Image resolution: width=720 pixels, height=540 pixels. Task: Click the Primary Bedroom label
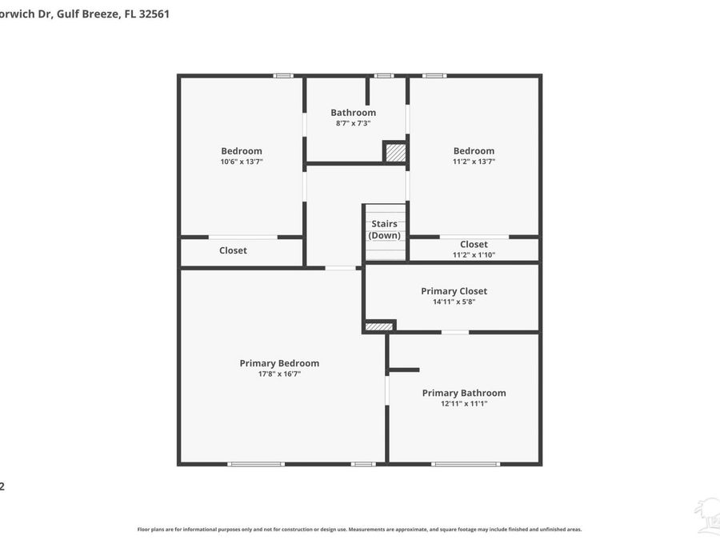click(x=279, y=363)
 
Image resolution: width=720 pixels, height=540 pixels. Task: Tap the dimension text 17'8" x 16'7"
click(x=279, y=374)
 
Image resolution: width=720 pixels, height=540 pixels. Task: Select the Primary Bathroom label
click(x=464, y=393)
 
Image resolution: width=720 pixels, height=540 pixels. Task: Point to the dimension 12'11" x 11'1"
click(x=464, y=404)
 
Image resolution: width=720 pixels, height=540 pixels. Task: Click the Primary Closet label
click(x=454, y=291)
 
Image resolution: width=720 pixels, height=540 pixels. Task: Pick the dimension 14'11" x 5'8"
click(x=454, y=302)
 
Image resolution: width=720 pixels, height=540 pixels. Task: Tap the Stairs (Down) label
click(x=384, y=230)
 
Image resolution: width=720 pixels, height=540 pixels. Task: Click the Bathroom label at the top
click(x=353, y=113)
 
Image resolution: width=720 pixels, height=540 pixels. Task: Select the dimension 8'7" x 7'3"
click(x=353, y=123)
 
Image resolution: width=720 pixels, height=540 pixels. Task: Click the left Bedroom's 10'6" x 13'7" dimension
click(x=242, y=162)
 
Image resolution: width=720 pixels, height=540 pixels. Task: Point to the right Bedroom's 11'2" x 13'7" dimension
click(x=474, y=162)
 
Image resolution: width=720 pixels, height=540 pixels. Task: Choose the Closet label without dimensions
click(x=233, y=250)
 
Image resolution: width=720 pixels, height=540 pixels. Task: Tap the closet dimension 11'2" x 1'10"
click(x=474, y=255)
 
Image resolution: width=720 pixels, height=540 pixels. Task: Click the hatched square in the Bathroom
click(x=395, y=153)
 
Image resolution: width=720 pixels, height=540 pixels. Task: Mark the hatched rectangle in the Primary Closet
click(x=379, y=326)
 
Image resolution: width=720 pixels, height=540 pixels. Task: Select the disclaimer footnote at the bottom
click(x=359, y=530)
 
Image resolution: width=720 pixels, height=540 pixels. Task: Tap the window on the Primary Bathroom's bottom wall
click(x=465, y=464)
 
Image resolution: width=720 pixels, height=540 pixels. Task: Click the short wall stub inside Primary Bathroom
click(x=404, y=370)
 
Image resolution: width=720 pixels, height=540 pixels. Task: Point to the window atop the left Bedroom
click(x=283, y=76)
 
